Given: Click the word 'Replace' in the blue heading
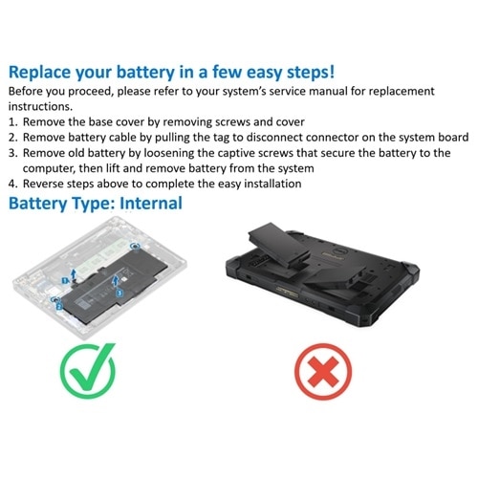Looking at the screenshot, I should (x=46, y=72).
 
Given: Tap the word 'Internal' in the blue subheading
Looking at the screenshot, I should (x=148, y=204).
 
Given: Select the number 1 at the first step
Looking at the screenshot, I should (x=11, y=122).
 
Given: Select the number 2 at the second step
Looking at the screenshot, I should (x=11, y=138).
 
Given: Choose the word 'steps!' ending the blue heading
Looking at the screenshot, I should (x=307, y=72).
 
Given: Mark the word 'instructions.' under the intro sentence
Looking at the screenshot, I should (x=40, y=107).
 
